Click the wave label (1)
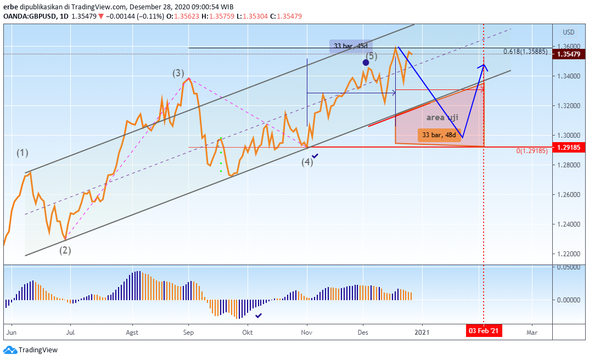(x=23, y=153)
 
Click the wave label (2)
(x=65, y=250)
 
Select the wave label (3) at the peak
(x=178, y=73)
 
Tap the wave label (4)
(x=307, y=162)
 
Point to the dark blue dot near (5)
(x=366, y=63)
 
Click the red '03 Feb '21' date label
(x=484, y=331)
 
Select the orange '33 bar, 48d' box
(x=439, y=135)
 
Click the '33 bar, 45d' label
(x=351, y=46)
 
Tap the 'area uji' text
(x=442, y=117)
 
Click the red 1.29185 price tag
(x=569, y=147)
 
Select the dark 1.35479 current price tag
(x=569, y=54)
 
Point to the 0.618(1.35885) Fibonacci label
(x=525, y=52)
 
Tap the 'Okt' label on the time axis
(x=247, y=332)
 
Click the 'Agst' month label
(x=132, y=332)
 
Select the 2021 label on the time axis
(x=422, y=332)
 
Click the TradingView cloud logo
(x=10, y=350)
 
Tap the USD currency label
(x=568, y=32)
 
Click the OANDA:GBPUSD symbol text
(x=30, y=16)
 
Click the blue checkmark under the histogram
(x=259, y=316)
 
